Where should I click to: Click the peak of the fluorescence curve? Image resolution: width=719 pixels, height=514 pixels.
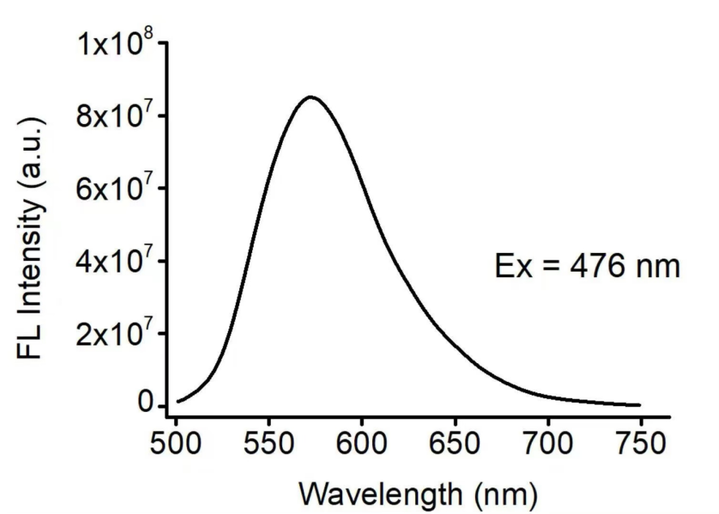click(310, 97)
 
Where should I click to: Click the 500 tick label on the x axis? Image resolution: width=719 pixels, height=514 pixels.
click(176, 444)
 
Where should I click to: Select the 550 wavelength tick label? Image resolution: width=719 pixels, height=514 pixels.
click(268, 444)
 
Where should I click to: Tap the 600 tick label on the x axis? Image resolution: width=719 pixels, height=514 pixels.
click(361, 444)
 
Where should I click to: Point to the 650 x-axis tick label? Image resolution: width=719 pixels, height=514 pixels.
click(454, 444)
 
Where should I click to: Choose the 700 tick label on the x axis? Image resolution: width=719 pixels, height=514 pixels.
click(547, 444)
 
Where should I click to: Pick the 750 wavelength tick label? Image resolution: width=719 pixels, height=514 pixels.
click(640, 444)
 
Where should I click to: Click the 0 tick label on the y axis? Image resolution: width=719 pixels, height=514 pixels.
click(147, 403)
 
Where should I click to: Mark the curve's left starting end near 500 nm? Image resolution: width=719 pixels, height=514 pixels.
click(178, 400)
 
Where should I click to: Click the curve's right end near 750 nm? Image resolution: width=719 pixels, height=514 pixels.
click(640, 405)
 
